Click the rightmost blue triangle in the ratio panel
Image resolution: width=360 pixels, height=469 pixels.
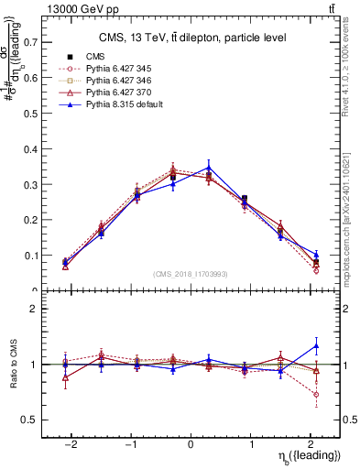(x=316, y=345)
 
